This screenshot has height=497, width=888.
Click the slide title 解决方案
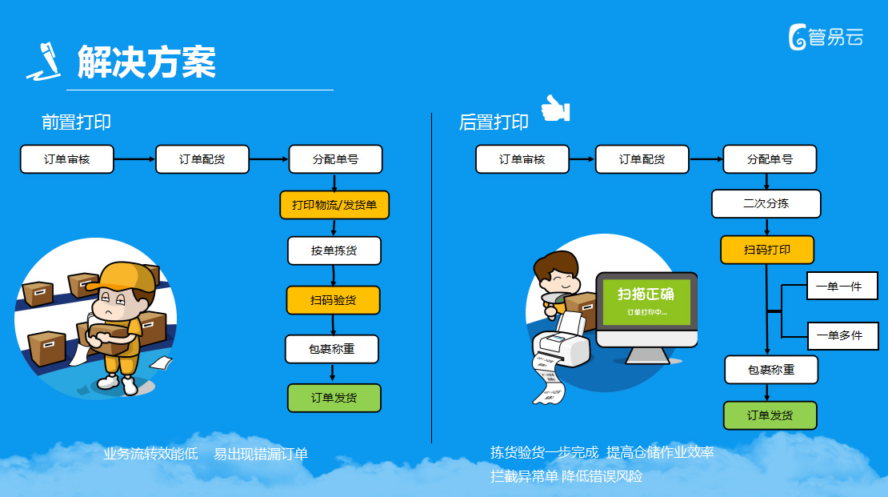146,62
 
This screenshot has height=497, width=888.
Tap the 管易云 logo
826,38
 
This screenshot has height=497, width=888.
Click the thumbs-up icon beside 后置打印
555,108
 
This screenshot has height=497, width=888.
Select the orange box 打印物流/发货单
334,205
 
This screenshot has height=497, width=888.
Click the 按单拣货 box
334,251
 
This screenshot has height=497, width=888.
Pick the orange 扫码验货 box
333,300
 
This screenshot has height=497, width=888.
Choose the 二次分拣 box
766,203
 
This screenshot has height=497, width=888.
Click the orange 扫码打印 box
767,250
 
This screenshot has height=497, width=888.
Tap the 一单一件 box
842,287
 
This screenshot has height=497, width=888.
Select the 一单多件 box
842,335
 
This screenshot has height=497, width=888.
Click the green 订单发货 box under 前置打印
334,398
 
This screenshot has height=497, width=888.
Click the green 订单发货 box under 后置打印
770,415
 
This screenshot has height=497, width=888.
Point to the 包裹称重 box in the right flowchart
771,370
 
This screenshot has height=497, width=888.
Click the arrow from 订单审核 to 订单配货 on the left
134,159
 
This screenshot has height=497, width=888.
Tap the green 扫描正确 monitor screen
646,302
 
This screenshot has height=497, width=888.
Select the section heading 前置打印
76,122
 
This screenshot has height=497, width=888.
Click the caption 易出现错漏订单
261,454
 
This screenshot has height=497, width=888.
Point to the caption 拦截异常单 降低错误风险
566,476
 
